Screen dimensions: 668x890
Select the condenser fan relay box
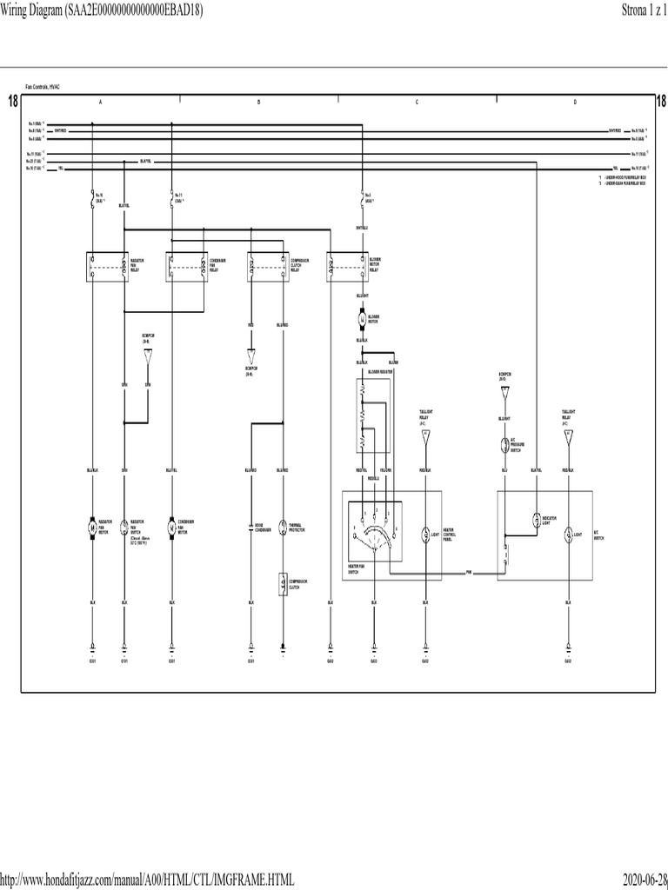click(186, 266)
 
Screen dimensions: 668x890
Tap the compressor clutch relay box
click(268, 266)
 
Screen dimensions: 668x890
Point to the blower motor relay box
click(345, 266)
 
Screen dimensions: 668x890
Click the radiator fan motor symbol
click(93, 527)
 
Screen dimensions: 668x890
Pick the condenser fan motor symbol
click(171, 527)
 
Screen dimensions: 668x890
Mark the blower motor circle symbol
click(361, 319)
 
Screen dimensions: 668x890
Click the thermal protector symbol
click(283, 527)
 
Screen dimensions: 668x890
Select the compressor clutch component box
click(283, 584)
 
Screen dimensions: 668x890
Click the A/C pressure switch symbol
click(504, 445)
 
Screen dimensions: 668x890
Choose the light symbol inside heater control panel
click(425, 533)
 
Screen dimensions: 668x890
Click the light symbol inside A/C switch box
click(568, 533)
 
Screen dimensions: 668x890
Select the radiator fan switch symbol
click(124, 527)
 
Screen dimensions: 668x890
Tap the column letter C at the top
click(417, 103)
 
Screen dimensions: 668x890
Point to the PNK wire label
click(468, 573)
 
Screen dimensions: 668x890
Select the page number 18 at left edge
click(12, 103)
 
